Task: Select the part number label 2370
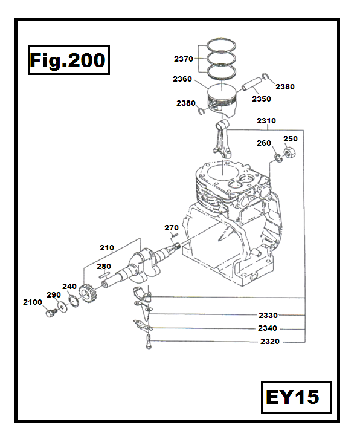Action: coord(183,59)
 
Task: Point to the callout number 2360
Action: coord(182,79)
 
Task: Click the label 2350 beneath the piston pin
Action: coord(261,99)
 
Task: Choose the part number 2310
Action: coord(266,120)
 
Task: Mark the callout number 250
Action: coord(291,139)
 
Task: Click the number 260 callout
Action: coord(264,143)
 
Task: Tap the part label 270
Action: coord(172,227)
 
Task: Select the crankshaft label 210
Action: coord(107,247)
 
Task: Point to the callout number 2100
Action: coord(32,302)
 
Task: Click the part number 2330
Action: coord(268,315)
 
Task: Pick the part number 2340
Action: coord(268,328)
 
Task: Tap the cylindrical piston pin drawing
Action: coord(252,83)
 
